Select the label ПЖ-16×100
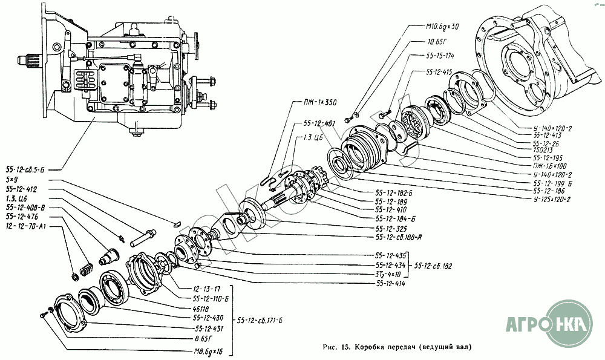pos(550,165)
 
